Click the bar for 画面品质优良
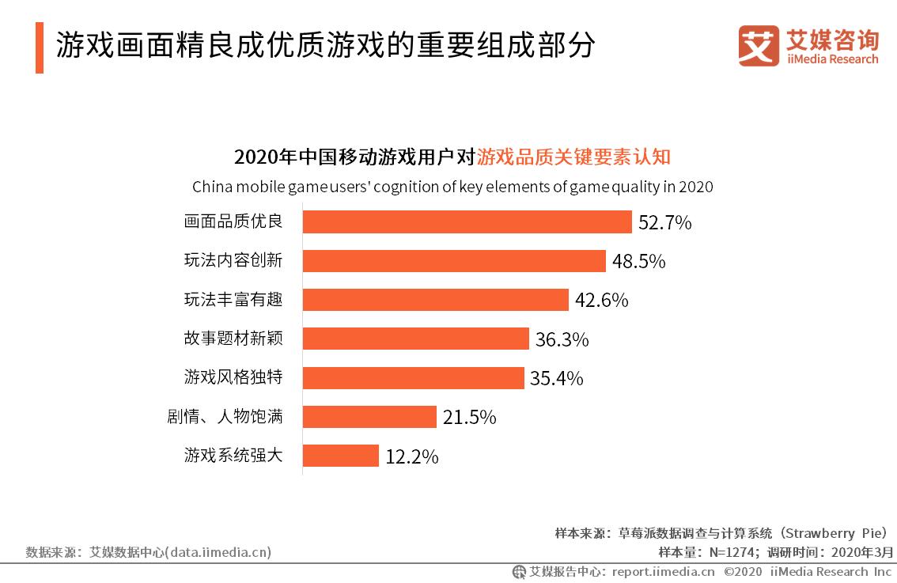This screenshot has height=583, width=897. pyautogui.click(x=467, y=221)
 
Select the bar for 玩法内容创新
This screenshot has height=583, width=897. pyautogui.click(x=454, y=261)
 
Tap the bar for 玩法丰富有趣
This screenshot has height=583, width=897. pyautogui.click(x=435, y=300)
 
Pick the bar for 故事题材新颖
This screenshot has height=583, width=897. pyautogui.click(x=415, y=339)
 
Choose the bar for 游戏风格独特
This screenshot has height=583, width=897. pyautogui.click(x=413, y=378)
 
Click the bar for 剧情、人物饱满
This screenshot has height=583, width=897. pyautogui.click(x=369, y=417)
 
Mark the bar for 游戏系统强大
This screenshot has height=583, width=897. pyautogui.click(x=341, y=456)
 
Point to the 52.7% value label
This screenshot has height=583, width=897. pyautogui.click(x=664, y=223)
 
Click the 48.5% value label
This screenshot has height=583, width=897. pyautogui.click(x=638, y=262)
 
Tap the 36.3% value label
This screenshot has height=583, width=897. pyautogui.click(x=562, y=340)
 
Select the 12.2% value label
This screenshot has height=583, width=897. pyautogui.click(x=411, y=457)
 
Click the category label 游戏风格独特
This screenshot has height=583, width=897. pyautogui.click(x=233, y=377)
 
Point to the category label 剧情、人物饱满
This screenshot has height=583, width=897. pyautogui.click(x=225, y=417)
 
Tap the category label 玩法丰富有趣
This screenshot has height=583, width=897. pyautogui.click(x=233, y=300)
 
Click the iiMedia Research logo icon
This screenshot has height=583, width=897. pyautogui.click(x=759, y=46)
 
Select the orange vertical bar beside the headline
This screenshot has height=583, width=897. pyautogui.click(x=39, y=47)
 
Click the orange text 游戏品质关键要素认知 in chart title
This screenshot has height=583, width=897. pyautogui.click(x=573, y=157)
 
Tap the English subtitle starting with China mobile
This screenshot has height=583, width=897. pyautogui.click(x=452, y=187)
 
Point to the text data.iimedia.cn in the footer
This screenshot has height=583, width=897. pyautogui.click(x=219, y=552)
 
